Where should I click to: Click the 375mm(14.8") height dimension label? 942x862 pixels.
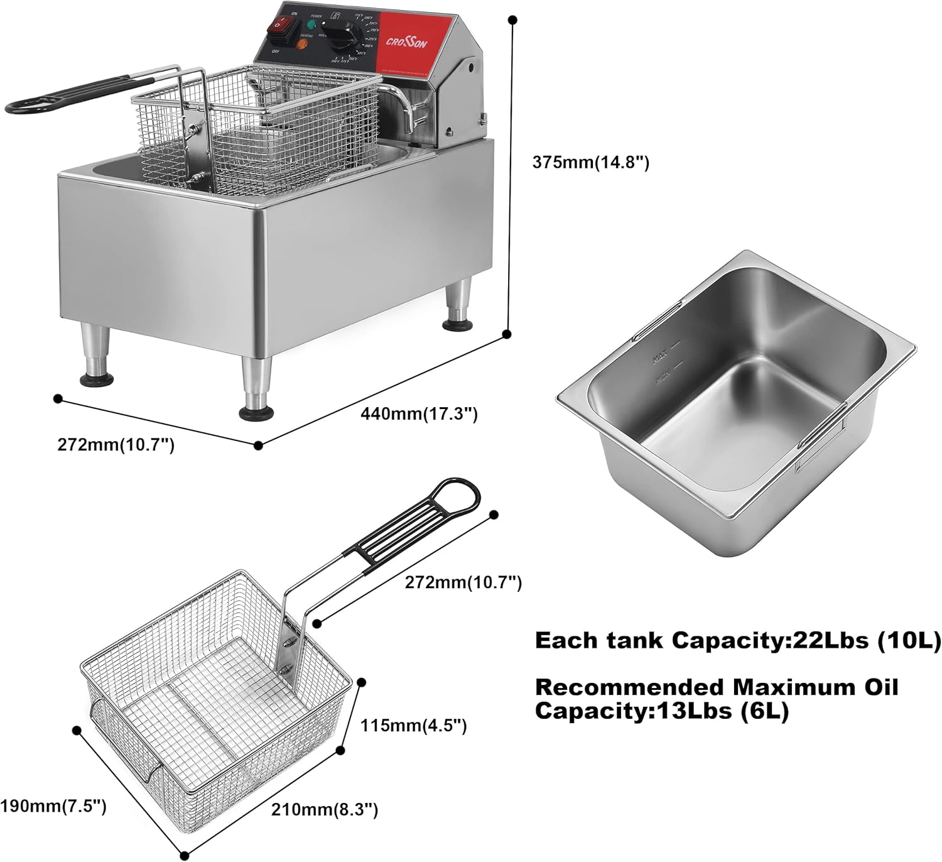point(590,162)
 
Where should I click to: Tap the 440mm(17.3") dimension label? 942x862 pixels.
point(420,414)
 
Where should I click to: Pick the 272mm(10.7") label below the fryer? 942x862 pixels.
point(116,445)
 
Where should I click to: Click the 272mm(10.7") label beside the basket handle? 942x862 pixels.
point(463,582)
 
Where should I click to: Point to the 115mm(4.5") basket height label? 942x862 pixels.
point(413,726)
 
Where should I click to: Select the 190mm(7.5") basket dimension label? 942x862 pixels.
point(53,806)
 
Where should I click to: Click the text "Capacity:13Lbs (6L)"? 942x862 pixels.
point(661,711)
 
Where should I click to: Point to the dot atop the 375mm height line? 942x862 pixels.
point(512,21)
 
